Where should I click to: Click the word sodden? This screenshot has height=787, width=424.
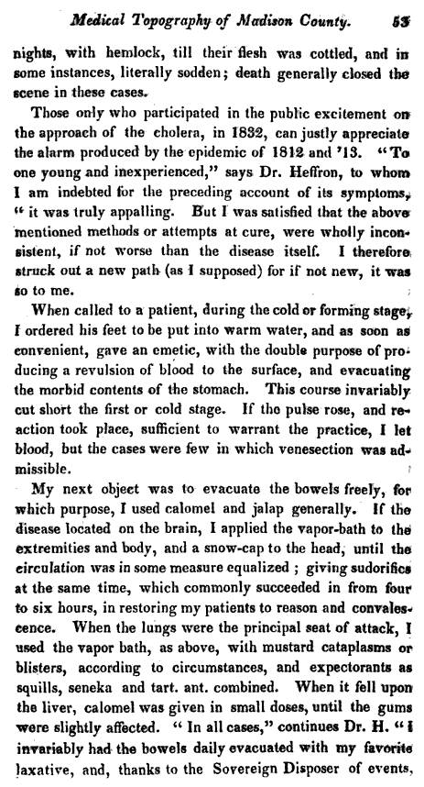[x=193, y=71]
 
